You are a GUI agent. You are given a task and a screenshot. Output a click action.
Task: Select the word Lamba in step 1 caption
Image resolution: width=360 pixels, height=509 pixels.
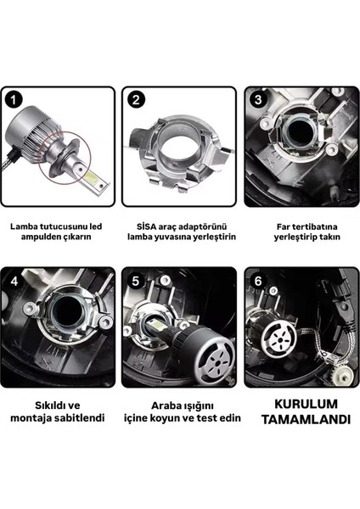pyautogui.click(x=28, y=227)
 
